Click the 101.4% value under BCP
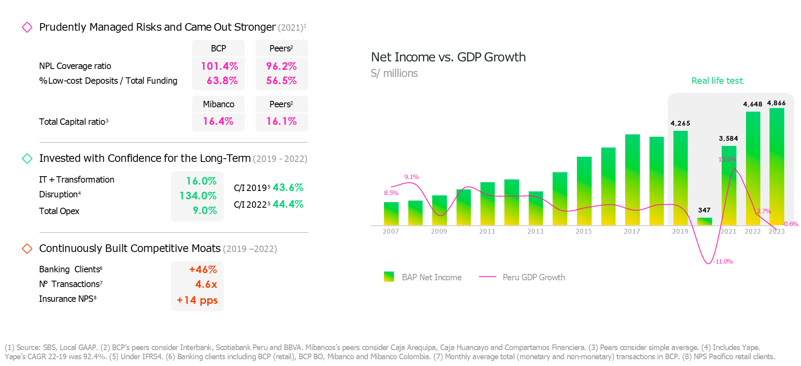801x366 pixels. coord(219,66)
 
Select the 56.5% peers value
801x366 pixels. coord(281,81)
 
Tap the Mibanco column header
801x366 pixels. coord(218,104)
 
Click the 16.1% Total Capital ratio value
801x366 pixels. coord(281,122)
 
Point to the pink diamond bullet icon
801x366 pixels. coord(27,28)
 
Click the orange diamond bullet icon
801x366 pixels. coord(27,249)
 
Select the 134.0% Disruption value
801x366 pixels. coord(198,196)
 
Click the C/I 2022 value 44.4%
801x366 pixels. coord(288,205)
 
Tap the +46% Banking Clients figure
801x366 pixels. coord(203,270)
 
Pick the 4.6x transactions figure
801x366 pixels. coord(206,285)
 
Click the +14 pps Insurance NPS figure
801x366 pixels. coord(197,300)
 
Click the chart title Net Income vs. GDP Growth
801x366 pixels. coord(448,57)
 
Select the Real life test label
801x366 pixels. coord(717,81)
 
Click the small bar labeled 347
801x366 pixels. coord(705,221)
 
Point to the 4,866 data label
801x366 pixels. coord(776,103)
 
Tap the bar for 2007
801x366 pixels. coord(391,214)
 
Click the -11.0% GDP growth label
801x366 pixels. coord(723,262)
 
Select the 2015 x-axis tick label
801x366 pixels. coord(584,232)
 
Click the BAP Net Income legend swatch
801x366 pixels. coord(389,277)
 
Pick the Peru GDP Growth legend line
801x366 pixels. coord(487,277)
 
